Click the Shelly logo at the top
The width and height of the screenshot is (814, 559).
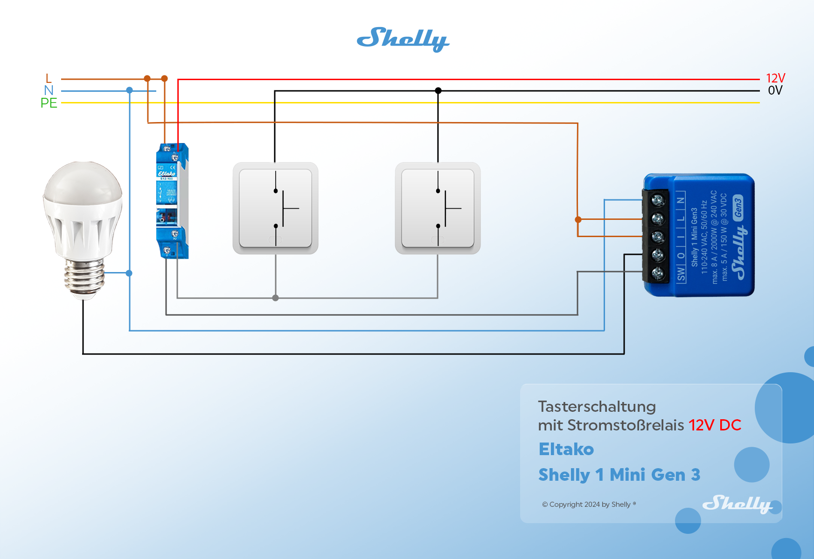coord(403,39)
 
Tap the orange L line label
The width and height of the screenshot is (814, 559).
coord(49,78)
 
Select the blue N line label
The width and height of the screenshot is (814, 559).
coord(49,90)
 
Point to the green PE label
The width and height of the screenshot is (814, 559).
coord(49,103)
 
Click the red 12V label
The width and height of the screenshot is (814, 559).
coord(775,78)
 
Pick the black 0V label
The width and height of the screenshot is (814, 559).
coord(775,90)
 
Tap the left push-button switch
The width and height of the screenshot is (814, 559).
coord(275,208)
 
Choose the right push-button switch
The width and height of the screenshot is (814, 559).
coord(438,208)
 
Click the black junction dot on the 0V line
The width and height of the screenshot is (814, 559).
coord(438,91)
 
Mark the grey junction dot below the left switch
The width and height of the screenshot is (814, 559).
coord(275,298)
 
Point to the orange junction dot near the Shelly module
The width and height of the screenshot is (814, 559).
coord(578,219)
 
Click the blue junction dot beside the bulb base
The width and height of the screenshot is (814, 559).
coord(129,273)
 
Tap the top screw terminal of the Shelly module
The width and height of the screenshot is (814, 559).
coord(658,200)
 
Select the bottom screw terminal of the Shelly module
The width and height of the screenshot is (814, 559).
coord(658,273)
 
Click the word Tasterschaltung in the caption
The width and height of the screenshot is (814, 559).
coord(597,407)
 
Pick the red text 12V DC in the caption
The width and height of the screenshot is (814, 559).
coord(715,425)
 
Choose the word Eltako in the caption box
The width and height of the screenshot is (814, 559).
coord(566,450)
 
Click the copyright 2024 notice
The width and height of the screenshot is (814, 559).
coord(589,504)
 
